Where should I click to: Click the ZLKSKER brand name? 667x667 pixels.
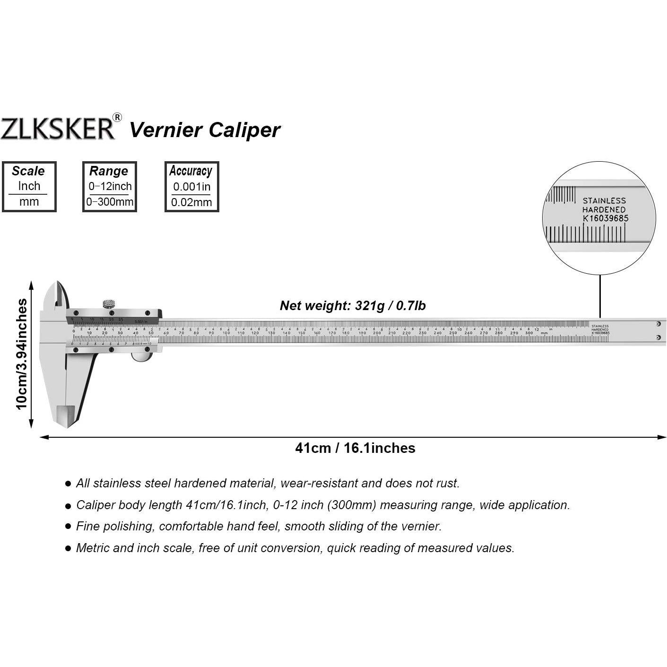coord(58,128)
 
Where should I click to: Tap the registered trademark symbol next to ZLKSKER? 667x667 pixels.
coord(117,118)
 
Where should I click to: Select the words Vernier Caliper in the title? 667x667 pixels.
coord(205,130)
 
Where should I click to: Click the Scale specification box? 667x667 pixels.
coord(29,186)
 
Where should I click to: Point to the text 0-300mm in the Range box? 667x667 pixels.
coord(110,202)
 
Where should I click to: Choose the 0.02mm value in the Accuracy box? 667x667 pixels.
coord(191,203)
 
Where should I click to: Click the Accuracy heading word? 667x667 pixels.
coord(191,171)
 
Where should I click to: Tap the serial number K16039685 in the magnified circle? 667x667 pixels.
coord(606,218)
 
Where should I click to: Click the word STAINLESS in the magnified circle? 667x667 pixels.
coord(604,201)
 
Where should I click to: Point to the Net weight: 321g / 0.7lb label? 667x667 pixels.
coord(353,306)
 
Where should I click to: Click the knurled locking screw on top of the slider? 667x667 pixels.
coord(109,303)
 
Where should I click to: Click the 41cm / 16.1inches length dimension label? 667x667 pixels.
coord(355,448)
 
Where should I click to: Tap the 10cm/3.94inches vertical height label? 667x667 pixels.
coord(22,354)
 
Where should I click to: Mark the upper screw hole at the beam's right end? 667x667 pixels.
coord(658,324)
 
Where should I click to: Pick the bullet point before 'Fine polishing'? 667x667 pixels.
coord(68,527)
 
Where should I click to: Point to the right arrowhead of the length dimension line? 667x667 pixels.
coord(663,437)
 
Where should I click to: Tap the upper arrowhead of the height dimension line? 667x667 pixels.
coord(31,285)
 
